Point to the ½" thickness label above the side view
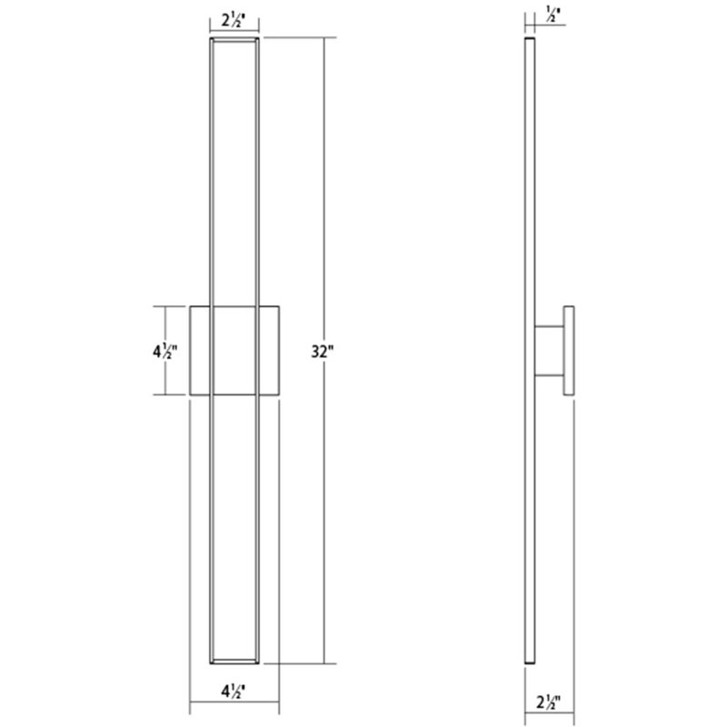point(527,15)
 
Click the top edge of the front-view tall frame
point(235,40)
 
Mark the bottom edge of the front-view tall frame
point(235,661)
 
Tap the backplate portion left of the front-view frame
point(200,351)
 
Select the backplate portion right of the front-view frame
point(271,351)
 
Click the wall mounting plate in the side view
point(569,351)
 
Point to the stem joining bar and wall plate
point(548,351)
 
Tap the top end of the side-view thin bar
point(528,42)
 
